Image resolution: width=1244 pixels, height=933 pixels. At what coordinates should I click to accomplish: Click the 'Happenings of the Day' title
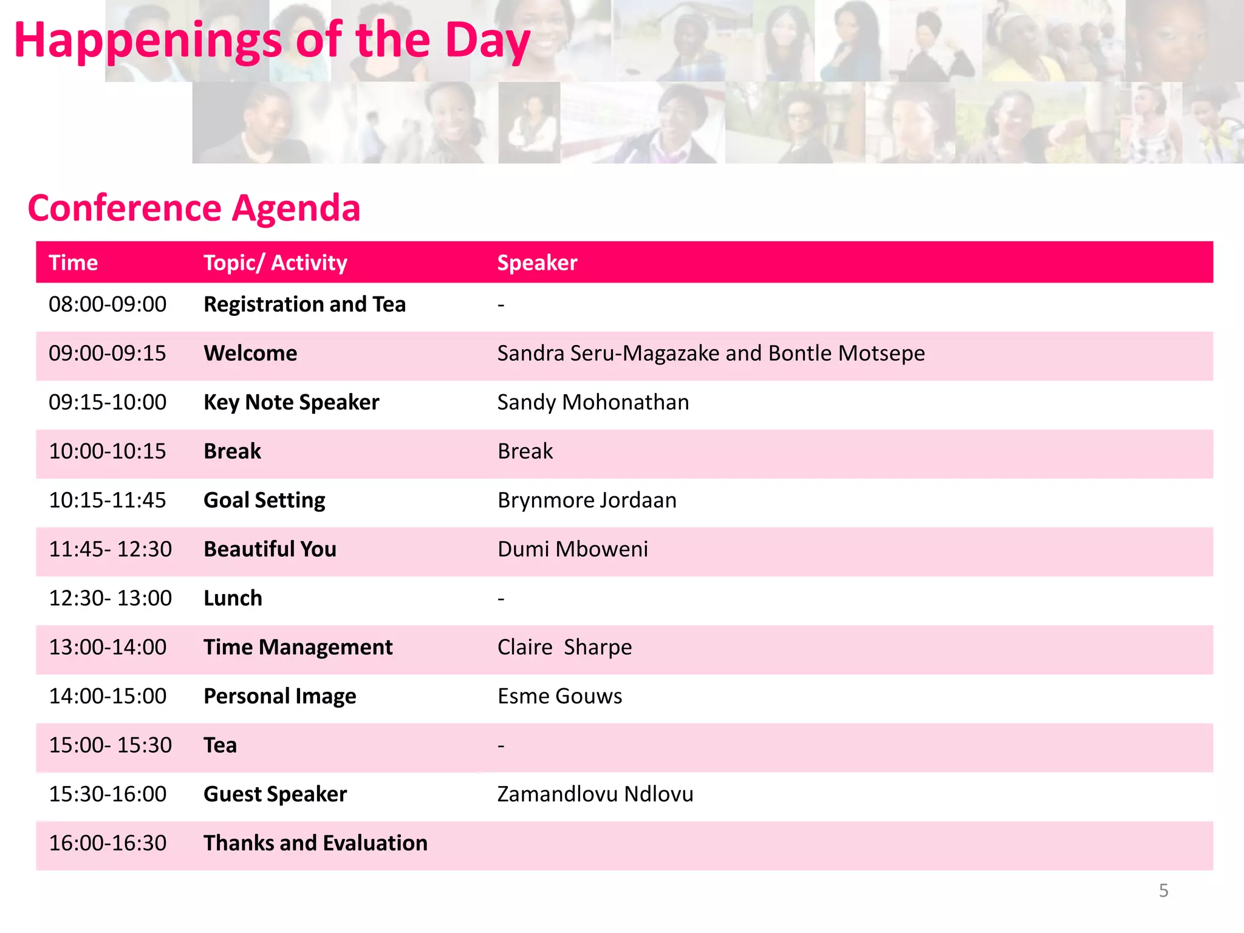[x=272, y=40]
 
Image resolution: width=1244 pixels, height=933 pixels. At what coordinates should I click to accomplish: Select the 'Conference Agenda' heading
[x=194, y=208]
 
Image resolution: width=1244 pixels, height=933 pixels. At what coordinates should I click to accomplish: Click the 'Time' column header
[x=73, y=263]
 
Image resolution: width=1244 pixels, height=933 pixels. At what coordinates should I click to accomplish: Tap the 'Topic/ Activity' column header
[x=275, y=263]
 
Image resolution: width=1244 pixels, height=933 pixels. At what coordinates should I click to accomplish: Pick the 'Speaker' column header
[x=537, y=263]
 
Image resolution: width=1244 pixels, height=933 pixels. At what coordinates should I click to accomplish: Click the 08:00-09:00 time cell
[x=108, y=304]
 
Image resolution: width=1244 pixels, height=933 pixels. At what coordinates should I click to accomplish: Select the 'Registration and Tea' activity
[x=304, y=304]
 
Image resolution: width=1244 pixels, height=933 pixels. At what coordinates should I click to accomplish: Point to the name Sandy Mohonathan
[x=593, y=403]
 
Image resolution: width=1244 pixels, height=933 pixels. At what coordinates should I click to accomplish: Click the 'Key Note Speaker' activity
[x=291, y=403]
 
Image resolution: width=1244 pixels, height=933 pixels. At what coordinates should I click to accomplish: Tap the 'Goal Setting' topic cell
[x=264, y=501]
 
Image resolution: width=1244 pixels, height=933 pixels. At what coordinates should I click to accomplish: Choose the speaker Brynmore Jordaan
[x=587, y=501]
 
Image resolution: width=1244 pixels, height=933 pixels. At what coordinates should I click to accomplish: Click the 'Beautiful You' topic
[x=270, y=549]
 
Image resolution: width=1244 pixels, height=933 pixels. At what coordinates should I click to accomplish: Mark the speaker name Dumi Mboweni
[x=572, y=549]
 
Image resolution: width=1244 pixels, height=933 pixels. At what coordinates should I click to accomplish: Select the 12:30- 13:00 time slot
[x=110, y=598]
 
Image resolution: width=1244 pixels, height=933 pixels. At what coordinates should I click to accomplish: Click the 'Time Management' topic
[x=298, y=648]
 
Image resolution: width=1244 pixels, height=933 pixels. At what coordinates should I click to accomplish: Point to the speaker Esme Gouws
[x=559, y=696]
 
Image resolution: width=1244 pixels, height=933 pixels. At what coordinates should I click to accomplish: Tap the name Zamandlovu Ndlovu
[x=595, y=795]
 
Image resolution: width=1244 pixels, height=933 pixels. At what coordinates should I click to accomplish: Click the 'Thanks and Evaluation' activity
[x=315, y=843]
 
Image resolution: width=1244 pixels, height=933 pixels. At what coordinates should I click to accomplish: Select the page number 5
[x=1163, y=890]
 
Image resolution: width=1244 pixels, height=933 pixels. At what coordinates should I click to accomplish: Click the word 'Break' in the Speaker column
[x=525, y=451]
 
